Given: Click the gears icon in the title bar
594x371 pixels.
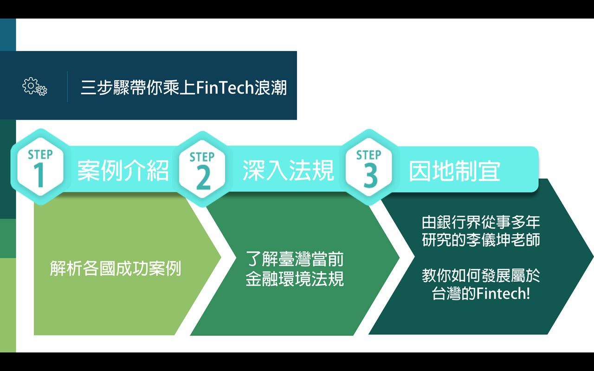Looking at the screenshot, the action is (x=35, y=86).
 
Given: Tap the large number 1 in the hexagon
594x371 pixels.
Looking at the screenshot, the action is (x=40, y=175).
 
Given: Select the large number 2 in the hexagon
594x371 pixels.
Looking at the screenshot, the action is (x=203, y=179).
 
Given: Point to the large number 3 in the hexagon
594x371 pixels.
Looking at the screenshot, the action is (x=370, y=176).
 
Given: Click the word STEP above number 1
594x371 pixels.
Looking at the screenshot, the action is (x=40, y=154).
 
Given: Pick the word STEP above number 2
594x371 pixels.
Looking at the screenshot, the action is (x=202, y=157).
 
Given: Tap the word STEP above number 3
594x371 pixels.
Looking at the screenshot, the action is (x=368, y=155).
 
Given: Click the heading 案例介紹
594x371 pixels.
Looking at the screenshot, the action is (x=123, y=170).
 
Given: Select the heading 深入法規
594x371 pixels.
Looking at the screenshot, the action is (x=288, y=170).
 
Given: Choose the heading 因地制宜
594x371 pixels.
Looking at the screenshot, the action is (x=454, y=171).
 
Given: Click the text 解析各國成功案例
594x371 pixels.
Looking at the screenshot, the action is (x=116, y=269).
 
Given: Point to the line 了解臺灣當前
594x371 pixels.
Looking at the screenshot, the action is (x=295, y=259).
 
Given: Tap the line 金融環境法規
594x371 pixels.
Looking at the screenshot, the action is (x=295, y=279).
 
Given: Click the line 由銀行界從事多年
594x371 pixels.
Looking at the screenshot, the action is (x=481, y=222).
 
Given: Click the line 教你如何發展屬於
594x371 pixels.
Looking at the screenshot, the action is (x=481, y=275).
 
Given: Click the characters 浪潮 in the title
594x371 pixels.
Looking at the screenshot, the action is (x=271, y=88).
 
